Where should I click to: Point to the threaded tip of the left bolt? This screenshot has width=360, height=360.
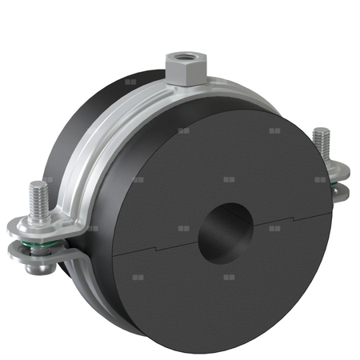(38, 193)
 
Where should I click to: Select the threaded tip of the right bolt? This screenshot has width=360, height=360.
(322, 138)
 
